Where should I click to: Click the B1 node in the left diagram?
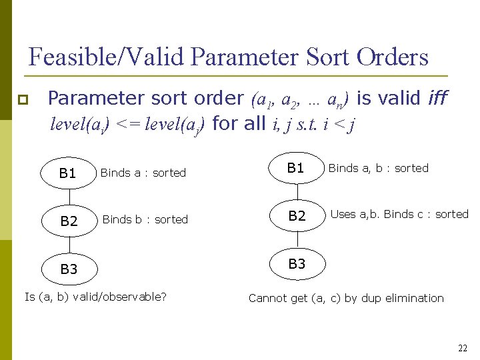coord(68,173)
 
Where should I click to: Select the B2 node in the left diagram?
coord(69,221)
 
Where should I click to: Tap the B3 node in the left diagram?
coord(69,269)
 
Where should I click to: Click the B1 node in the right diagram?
coord(296,168)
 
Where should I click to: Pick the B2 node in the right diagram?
coord(297,215)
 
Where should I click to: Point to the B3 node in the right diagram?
coord(297,264)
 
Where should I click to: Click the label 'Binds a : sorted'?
coord(143,173)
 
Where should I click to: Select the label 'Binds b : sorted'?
coord(145,219)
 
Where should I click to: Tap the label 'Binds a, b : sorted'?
coord(378,168)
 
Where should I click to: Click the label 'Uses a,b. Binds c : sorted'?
coord(399,214)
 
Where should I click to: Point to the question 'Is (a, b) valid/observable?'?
coord(95,297)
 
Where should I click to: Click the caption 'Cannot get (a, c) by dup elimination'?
coord(346,298)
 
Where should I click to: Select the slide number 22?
coord(463,348)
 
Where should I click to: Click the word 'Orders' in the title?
coord(392,57)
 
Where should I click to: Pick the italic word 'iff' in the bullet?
coord(438,99)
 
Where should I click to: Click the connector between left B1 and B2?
coord(69,197)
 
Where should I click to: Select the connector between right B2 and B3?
coord(297,240)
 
